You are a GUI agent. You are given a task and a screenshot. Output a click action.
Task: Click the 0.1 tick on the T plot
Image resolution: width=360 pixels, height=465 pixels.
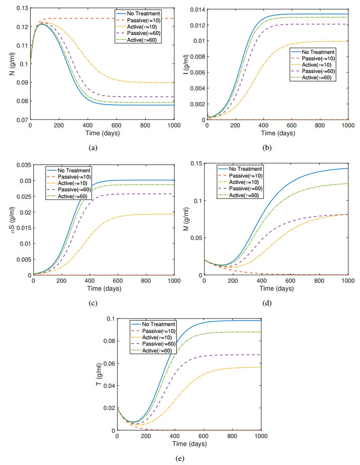click(x=111, y=319)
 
